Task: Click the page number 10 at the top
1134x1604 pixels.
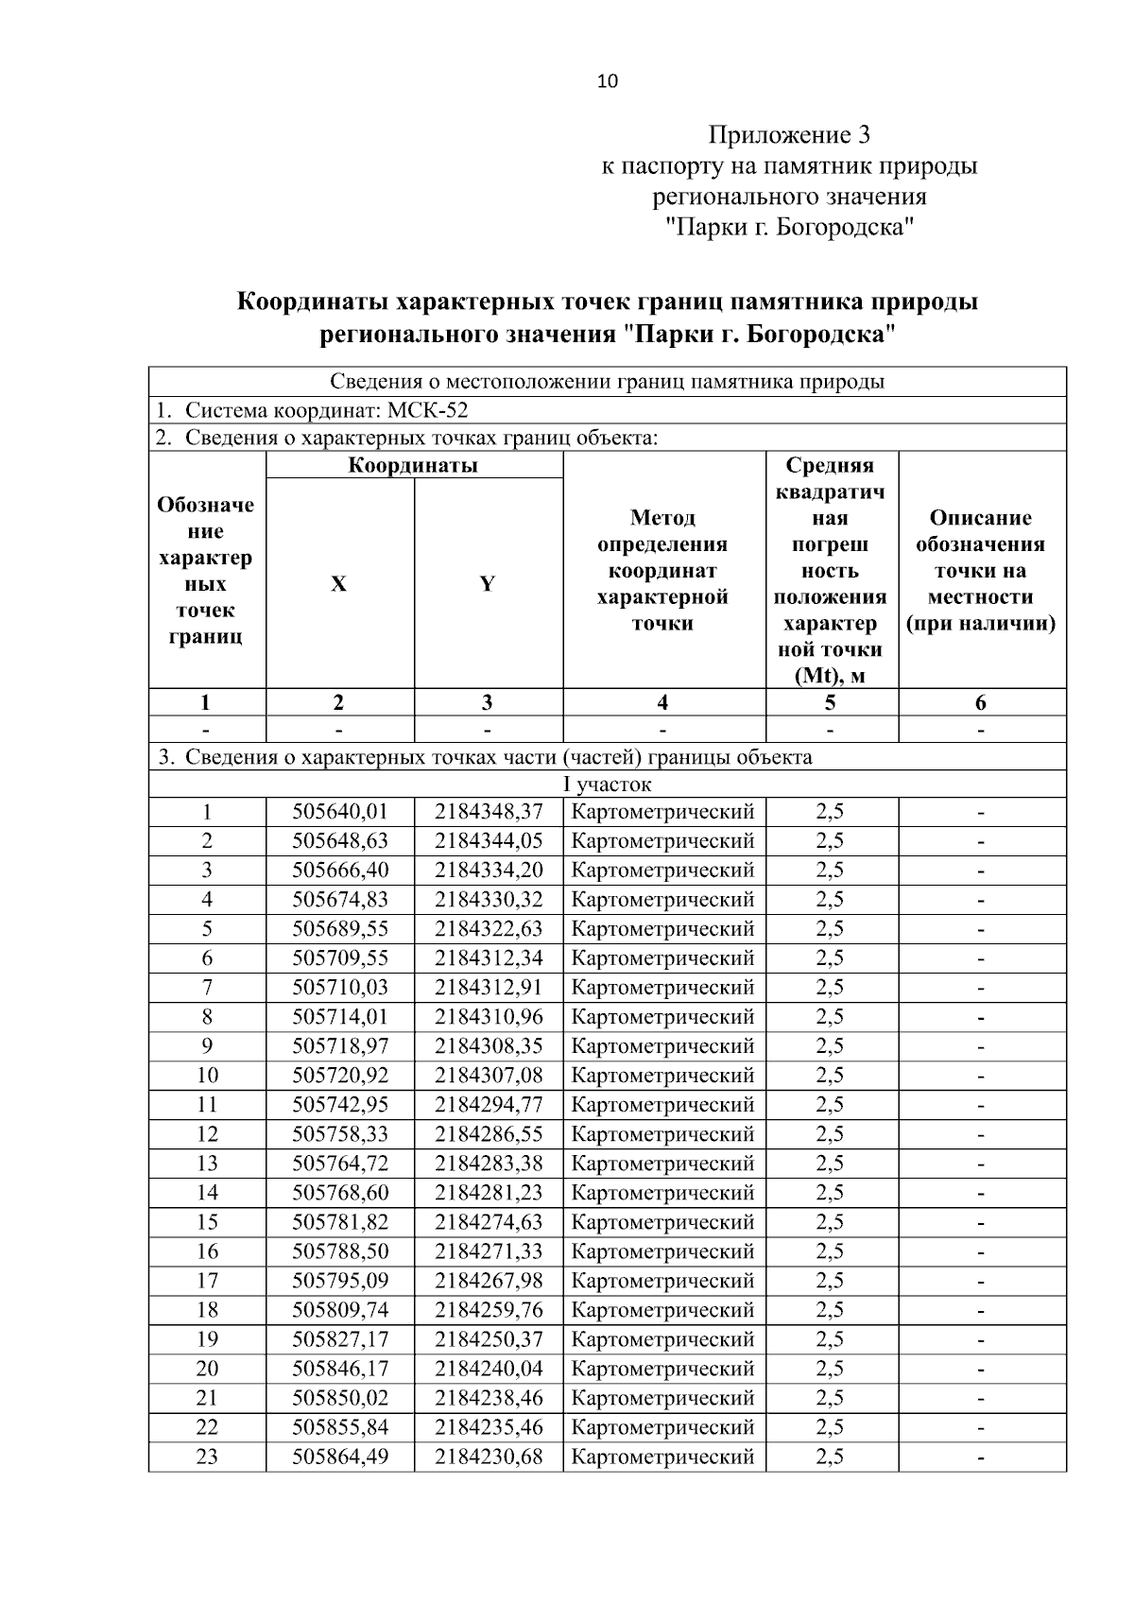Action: click(607, 81)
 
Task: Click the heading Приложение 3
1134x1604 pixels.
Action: click(788, 135)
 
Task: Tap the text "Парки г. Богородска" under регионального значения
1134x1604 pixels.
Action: click(789, 227)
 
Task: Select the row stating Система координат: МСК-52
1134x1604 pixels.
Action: click(312, 410)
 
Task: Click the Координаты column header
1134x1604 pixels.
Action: click(413, 465)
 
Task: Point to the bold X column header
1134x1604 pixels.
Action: click(338, 584)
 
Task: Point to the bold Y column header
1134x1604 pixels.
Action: click(487, 584)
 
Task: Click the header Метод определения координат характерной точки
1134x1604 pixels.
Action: click(662, 570)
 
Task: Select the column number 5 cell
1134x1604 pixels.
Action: click(830, 702)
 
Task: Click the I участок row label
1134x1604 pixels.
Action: click(607, 785)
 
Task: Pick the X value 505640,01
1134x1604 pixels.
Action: click(340, 812)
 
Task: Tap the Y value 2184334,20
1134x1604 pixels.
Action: click(489, 871)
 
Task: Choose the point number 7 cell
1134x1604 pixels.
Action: click(207, 988)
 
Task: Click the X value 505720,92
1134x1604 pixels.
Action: click(340, 1076)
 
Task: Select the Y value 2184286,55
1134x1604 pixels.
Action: click(489, 1134)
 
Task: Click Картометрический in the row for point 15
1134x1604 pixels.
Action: click(662, 1222)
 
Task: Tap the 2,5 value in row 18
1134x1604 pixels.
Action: click(830, 1310)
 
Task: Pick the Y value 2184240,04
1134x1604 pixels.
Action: click(489, 1369)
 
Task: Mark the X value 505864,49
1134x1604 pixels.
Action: click(340, 1457)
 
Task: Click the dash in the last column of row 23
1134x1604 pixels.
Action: click(981, 1457)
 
